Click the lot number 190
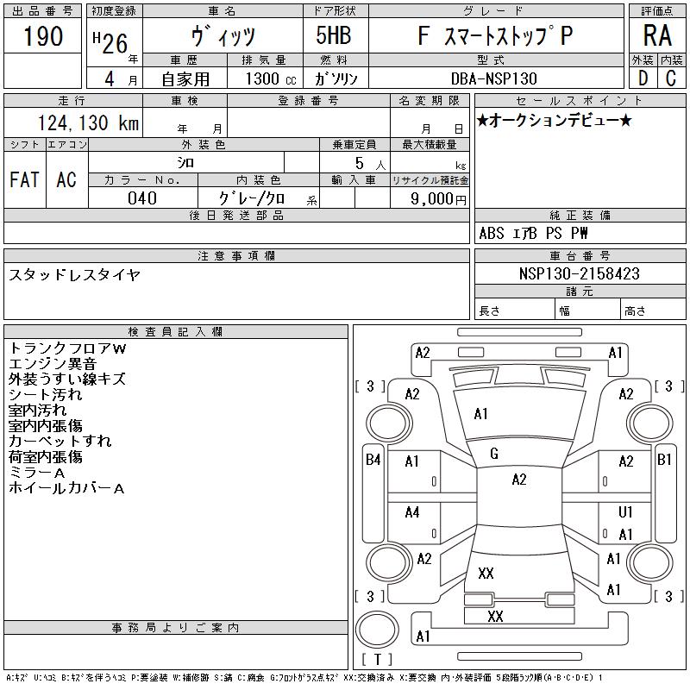click(x=43, y=37)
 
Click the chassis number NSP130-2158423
click(x=580, y=273)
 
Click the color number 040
click(x=142, y=198)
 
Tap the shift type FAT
click(x=24, y=179)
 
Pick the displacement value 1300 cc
click(x=265, y=78)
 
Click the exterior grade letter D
click(x=643, y=78)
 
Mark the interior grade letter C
click(x=670, y=78)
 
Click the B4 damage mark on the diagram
click(x=373, y=460)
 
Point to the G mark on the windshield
click(x=494, y=454)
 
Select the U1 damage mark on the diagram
click(x=626, y=512)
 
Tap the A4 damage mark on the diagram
click(x=412, y=512)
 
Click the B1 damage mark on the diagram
click(x=664, y=460)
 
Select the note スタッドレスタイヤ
click(x=74, y=275)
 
